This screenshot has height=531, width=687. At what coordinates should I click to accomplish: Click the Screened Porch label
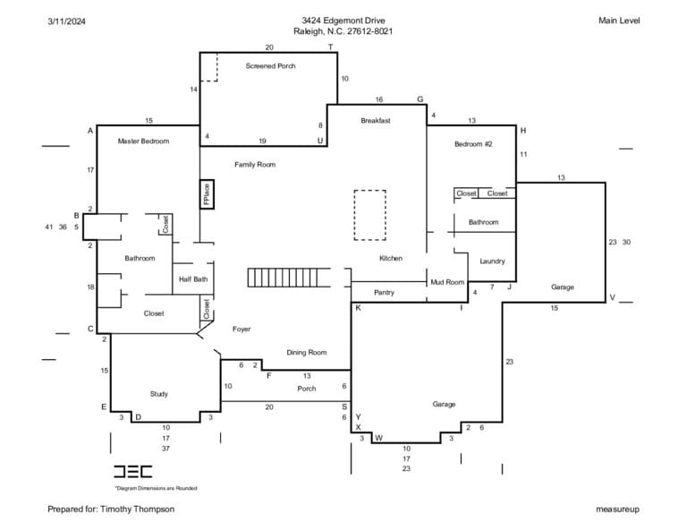click(x=270, y=65)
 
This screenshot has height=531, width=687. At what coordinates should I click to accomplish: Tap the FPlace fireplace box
click(x=207, y=193)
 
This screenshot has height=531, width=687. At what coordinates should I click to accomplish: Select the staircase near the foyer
click(x=289, y=278)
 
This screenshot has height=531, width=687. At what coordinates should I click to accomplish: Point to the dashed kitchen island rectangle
click(x=369, y=215)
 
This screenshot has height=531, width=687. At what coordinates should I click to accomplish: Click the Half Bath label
click(x=193, y=278)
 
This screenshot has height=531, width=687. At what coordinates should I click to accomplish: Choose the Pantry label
click(x=385, y=292)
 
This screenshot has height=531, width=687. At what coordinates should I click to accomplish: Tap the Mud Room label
click(x=447, y=282)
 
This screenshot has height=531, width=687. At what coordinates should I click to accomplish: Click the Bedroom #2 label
click(x=473, y=144)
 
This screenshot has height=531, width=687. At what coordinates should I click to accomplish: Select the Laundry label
click(x=492, y=261)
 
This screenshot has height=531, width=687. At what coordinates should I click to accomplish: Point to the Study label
click(x=158, y=394)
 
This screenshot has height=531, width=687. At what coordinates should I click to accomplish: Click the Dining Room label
click(x=306, y=352)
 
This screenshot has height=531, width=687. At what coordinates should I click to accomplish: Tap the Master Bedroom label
click(x=143, y=141)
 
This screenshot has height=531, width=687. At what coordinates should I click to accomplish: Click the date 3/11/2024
click(x=66, y=21)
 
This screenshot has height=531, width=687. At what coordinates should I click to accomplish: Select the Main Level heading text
click(x=619, y=21)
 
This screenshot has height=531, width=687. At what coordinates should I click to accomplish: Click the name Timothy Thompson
click(x=137, y=510)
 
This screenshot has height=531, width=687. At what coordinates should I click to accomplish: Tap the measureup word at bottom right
click(x=617, y=510)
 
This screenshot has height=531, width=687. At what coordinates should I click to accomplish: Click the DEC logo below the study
click(x=132, y=471)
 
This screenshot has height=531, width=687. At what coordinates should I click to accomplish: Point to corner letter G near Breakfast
click(x=420, y=99)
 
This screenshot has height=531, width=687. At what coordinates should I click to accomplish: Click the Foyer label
click(x=242, y=329)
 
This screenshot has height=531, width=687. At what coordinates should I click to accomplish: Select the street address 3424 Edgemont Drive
click(x=343, y=21)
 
